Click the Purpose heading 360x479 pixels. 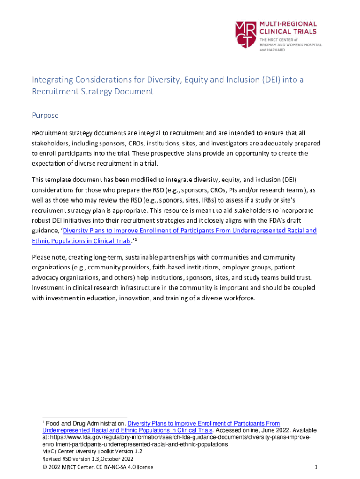(x=45, y=115)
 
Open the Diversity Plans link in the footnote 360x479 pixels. (x=203, y=423)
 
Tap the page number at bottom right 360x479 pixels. (x=316, y=467)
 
